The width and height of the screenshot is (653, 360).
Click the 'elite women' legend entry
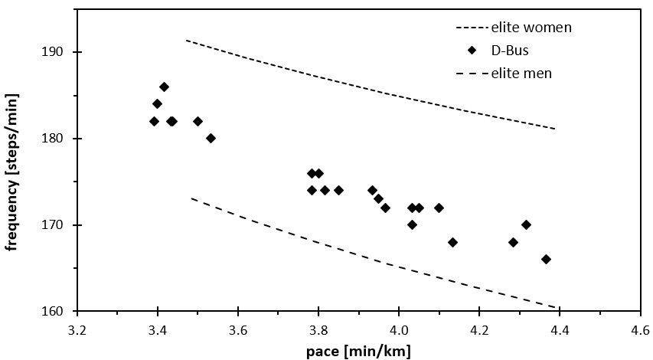click(x=531, y=28)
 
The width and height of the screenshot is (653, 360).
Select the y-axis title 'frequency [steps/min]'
click(x=13, y=172)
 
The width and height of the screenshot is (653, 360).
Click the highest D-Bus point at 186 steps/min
click(x=164, y=87)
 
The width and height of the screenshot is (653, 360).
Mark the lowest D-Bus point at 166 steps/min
click(x=546, y=259)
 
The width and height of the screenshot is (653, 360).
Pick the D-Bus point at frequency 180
click(x=211, y=138)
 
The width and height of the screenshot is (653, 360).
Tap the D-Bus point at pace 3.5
click(x=198, y=121)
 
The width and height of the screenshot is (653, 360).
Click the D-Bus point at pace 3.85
click(x=338, y=190)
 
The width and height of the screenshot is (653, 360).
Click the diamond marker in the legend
click(x=472, y=51)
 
